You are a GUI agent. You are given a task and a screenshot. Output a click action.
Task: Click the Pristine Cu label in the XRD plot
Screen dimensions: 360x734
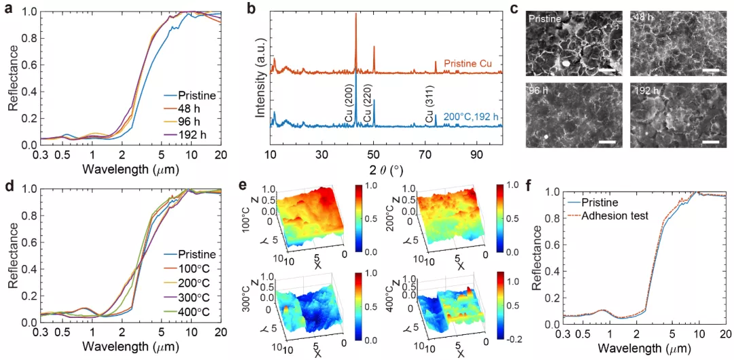pyautogui.click(x=472, y=63)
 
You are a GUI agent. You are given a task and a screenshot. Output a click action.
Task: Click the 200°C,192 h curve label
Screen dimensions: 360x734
pyautogui.click(x=472, y=117)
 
